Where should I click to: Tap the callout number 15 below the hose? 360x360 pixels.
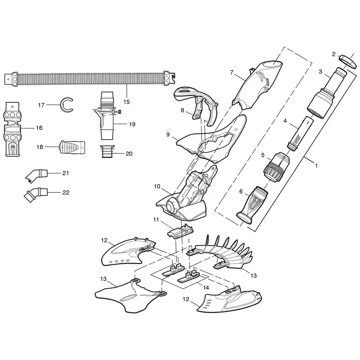(126, 102)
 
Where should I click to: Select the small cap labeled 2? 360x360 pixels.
(348, 61)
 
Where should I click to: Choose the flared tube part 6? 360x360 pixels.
(252, 202)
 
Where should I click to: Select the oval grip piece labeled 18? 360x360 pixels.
(72, 147)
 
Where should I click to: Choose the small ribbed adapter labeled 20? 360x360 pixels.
(107, 152)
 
